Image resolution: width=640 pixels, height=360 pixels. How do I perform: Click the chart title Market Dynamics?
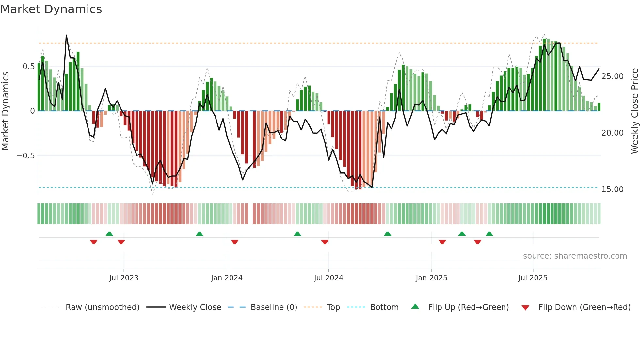(x=51, y=9)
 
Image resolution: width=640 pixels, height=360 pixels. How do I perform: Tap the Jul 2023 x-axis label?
(x=124, y=278)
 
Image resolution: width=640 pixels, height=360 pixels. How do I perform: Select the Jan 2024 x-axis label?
(x=227, y=278)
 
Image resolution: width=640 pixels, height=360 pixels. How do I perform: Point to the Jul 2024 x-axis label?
(x=328, y=278)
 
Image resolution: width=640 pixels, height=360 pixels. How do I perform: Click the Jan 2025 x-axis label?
(x=431, y=278)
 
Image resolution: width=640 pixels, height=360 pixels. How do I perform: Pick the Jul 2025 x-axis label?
(x=533, y=278)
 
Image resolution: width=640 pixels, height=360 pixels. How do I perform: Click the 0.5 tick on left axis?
(x=29, y=67)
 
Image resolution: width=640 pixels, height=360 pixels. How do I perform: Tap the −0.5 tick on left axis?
(x=26, y=156)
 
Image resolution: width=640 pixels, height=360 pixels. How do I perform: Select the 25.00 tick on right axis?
(x=613, y=76)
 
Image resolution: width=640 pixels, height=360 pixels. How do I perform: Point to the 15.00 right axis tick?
(x=613, y=189)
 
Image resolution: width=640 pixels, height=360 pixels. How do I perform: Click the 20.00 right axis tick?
(x=613, y=133)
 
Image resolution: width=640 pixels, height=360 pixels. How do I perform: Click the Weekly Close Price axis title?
(x=634, y=111)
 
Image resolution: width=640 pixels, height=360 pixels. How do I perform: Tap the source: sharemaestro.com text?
(x=575, y=256)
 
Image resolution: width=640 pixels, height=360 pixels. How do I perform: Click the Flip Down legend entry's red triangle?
(x=525, y=308)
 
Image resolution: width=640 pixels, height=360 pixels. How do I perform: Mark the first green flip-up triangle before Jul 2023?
(x=109, y=234)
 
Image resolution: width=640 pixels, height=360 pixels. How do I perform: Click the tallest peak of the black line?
(x=66, y=35)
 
